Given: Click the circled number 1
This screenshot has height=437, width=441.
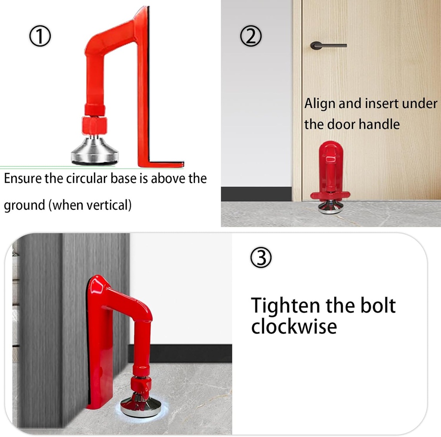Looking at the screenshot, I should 40,37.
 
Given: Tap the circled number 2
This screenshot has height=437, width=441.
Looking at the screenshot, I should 251,37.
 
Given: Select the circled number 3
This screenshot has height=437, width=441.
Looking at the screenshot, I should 261,258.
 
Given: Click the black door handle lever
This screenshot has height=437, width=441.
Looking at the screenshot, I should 328,45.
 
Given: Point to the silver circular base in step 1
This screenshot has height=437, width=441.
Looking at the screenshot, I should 94,153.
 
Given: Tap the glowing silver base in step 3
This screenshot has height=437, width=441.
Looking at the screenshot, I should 140,406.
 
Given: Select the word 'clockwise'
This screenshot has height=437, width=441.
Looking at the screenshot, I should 294,327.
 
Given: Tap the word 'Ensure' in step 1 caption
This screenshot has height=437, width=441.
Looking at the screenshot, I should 22,178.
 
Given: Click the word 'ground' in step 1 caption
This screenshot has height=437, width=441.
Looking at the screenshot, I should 25,205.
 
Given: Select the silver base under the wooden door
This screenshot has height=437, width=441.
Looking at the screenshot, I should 331,208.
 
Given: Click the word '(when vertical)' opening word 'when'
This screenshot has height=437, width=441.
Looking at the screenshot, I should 67,205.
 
